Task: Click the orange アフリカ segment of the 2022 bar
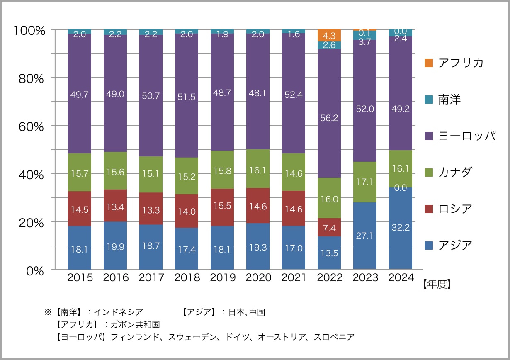click(329, 35)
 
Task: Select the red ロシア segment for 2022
click(329, 227)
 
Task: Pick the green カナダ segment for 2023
click(365, 182)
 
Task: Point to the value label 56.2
click(329, 118)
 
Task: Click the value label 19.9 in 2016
click(115, 248)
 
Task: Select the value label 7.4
click(329, 227)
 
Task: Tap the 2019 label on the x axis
click(222, 277)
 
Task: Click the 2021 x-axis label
click(294, 277)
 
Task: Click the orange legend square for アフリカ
click(429, 63)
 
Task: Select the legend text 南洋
click(449, 100)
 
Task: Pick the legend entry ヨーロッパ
click(466, 136)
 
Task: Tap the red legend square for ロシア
click(429, 209)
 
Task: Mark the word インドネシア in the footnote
click(119, 312)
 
